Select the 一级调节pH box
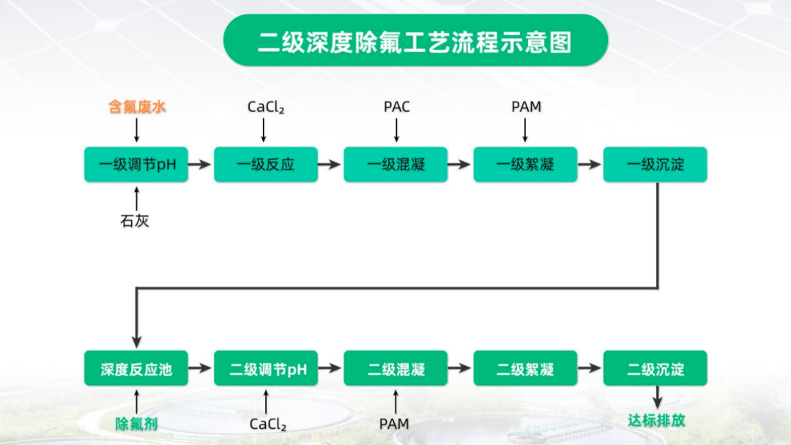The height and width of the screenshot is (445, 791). coord(136,164)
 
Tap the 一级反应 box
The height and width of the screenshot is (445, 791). coord(266,164)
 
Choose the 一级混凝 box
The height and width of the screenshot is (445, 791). coord(395,164)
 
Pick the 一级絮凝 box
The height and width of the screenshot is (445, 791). coord(525,164)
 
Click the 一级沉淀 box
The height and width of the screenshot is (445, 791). coord(656,164)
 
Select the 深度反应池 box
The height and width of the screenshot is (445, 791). coord(136,368)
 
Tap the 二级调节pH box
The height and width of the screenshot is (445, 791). coord(266,368)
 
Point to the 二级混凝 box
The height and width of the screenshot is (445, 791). coord(395,368)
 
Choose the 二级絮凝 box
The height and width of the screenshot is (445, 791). coord(525,368)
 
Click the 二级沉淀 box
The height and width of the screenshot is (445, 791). coord(656,368)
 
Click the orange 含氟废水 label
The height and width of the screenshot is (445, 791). coord(137,107)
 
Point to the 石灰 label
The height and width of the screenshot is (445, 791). coord(135,221)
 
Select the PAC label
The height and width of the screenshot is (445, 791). coord(397,107)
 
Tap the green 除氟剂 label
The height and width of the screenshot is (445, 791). coord(136,424)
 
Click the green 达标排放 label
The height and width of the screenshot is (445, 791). coord(656,420)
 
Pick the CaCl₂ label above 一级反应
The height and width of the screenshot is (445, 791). coord(266,108)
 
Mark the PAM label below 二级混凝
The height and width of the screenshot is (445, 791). coord(394,424)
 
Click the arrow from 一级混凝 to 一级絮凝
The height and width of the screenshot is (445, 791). coord(459,164)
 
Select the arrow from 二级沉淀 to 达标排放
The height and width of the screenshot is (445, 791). coord(657,397)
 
